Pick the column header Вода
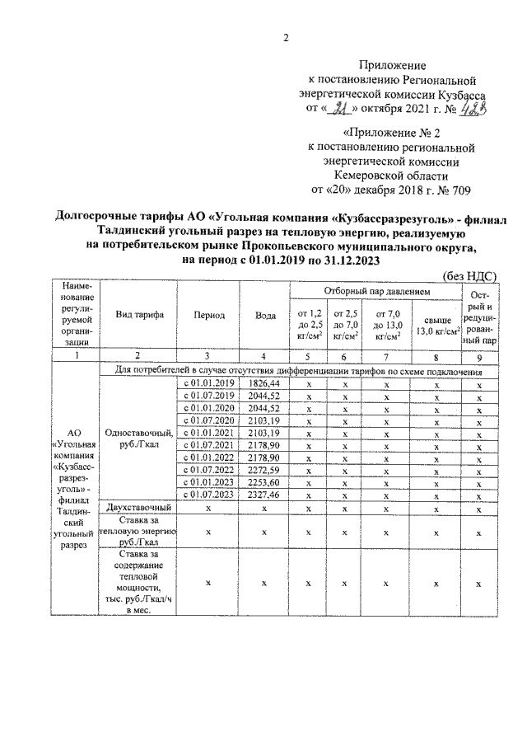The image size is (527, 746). coord(264,315)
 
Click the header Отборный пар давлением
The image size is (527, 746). coord(375,292)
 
